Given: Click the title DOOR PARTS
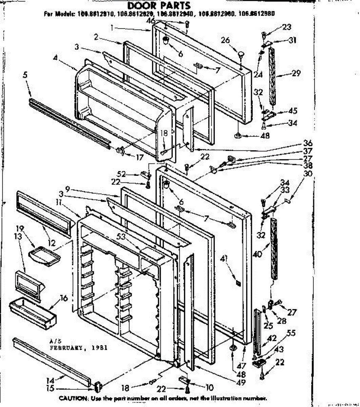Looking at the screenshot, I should click(x=159, y=6).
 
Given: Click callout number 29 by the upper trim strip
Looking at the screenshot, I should click(x=296, y=73).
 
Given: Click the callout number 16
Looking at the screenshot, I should click(x=64, y=298).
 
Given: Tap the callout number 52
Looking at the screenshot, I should click(x=121, y=174).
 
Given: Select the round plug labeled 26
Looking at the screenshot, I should click(x=241, y=54).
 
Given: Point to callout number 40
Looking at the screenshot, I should click(x=257, y=253).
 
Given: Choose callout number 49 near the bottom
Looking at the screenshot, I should click(x=240, y=383).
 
